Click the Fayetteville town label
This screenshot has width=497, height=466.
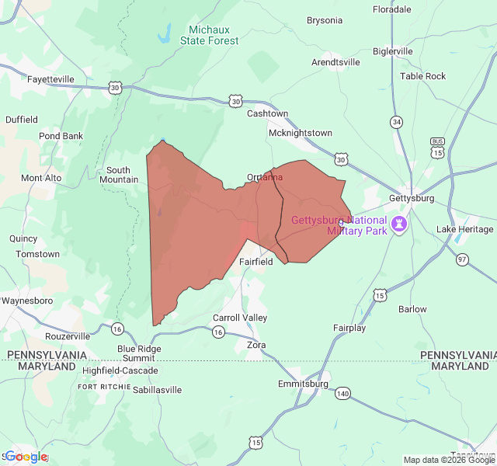(x=50, y=79)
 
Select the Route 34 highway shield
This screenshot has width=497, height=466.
(x=397, y=122)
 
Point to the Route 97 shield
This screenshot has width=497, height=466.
(x=463, y=259)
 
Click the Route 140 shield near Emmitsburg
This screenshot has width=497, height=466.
(x=342, y=394)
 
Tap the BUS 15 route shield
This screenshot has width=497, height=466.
(x=438, y=148)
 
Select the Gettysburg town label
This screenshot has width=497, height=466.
(x=412, y=198)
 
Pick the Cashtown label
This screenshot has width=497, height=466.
(x=267, y=113)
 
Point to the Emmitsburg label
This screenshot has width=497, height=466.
(x=303, y=384)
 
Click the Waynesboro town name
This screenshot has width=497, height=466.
(x=26, y=301)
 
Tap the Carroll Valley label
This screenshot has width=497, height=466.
(x=240, y=318)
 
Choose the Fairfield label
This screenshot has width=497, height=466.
(x=255, y=262)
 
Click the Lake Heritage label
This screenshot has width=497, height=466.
(x=464, y=229)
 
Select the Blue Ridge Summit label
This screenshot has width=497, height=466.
(x=140, y=353)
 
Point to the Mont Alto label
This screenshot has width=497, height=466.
(x=42, y=178)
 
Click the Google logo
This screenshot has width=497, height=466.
(x=26, y=457)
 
